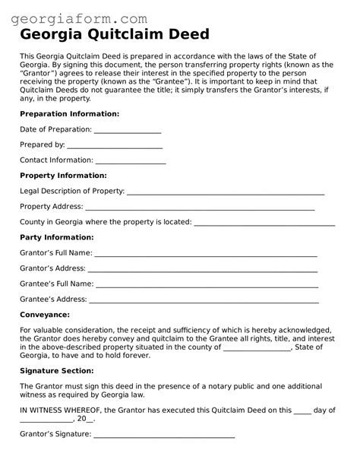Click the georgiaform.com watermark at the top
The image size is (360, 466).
[85, 17]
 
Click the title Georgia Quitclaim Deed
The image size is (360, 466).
[115, 35]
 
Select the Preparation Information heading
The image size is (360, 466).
[69, 113]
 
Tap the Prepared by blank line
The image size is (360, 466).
[115, 145]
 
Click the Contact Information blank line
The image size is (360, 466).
[131, 161]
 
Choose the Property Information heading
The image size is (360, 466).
[63, 176]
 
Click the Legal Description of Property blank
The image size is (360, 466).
[226, 192]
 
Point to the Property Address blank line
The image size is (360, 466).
[200, 208]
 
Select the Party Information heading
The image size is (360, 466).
[57, 237]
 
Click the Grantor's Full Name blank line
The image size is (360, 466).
[205, 254]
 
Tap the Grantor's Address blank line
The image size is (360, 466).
[204, 270]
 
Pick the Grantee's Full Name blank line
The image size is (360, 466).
[206, 285]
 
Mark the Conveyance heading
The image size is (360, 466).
[45, 314]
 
